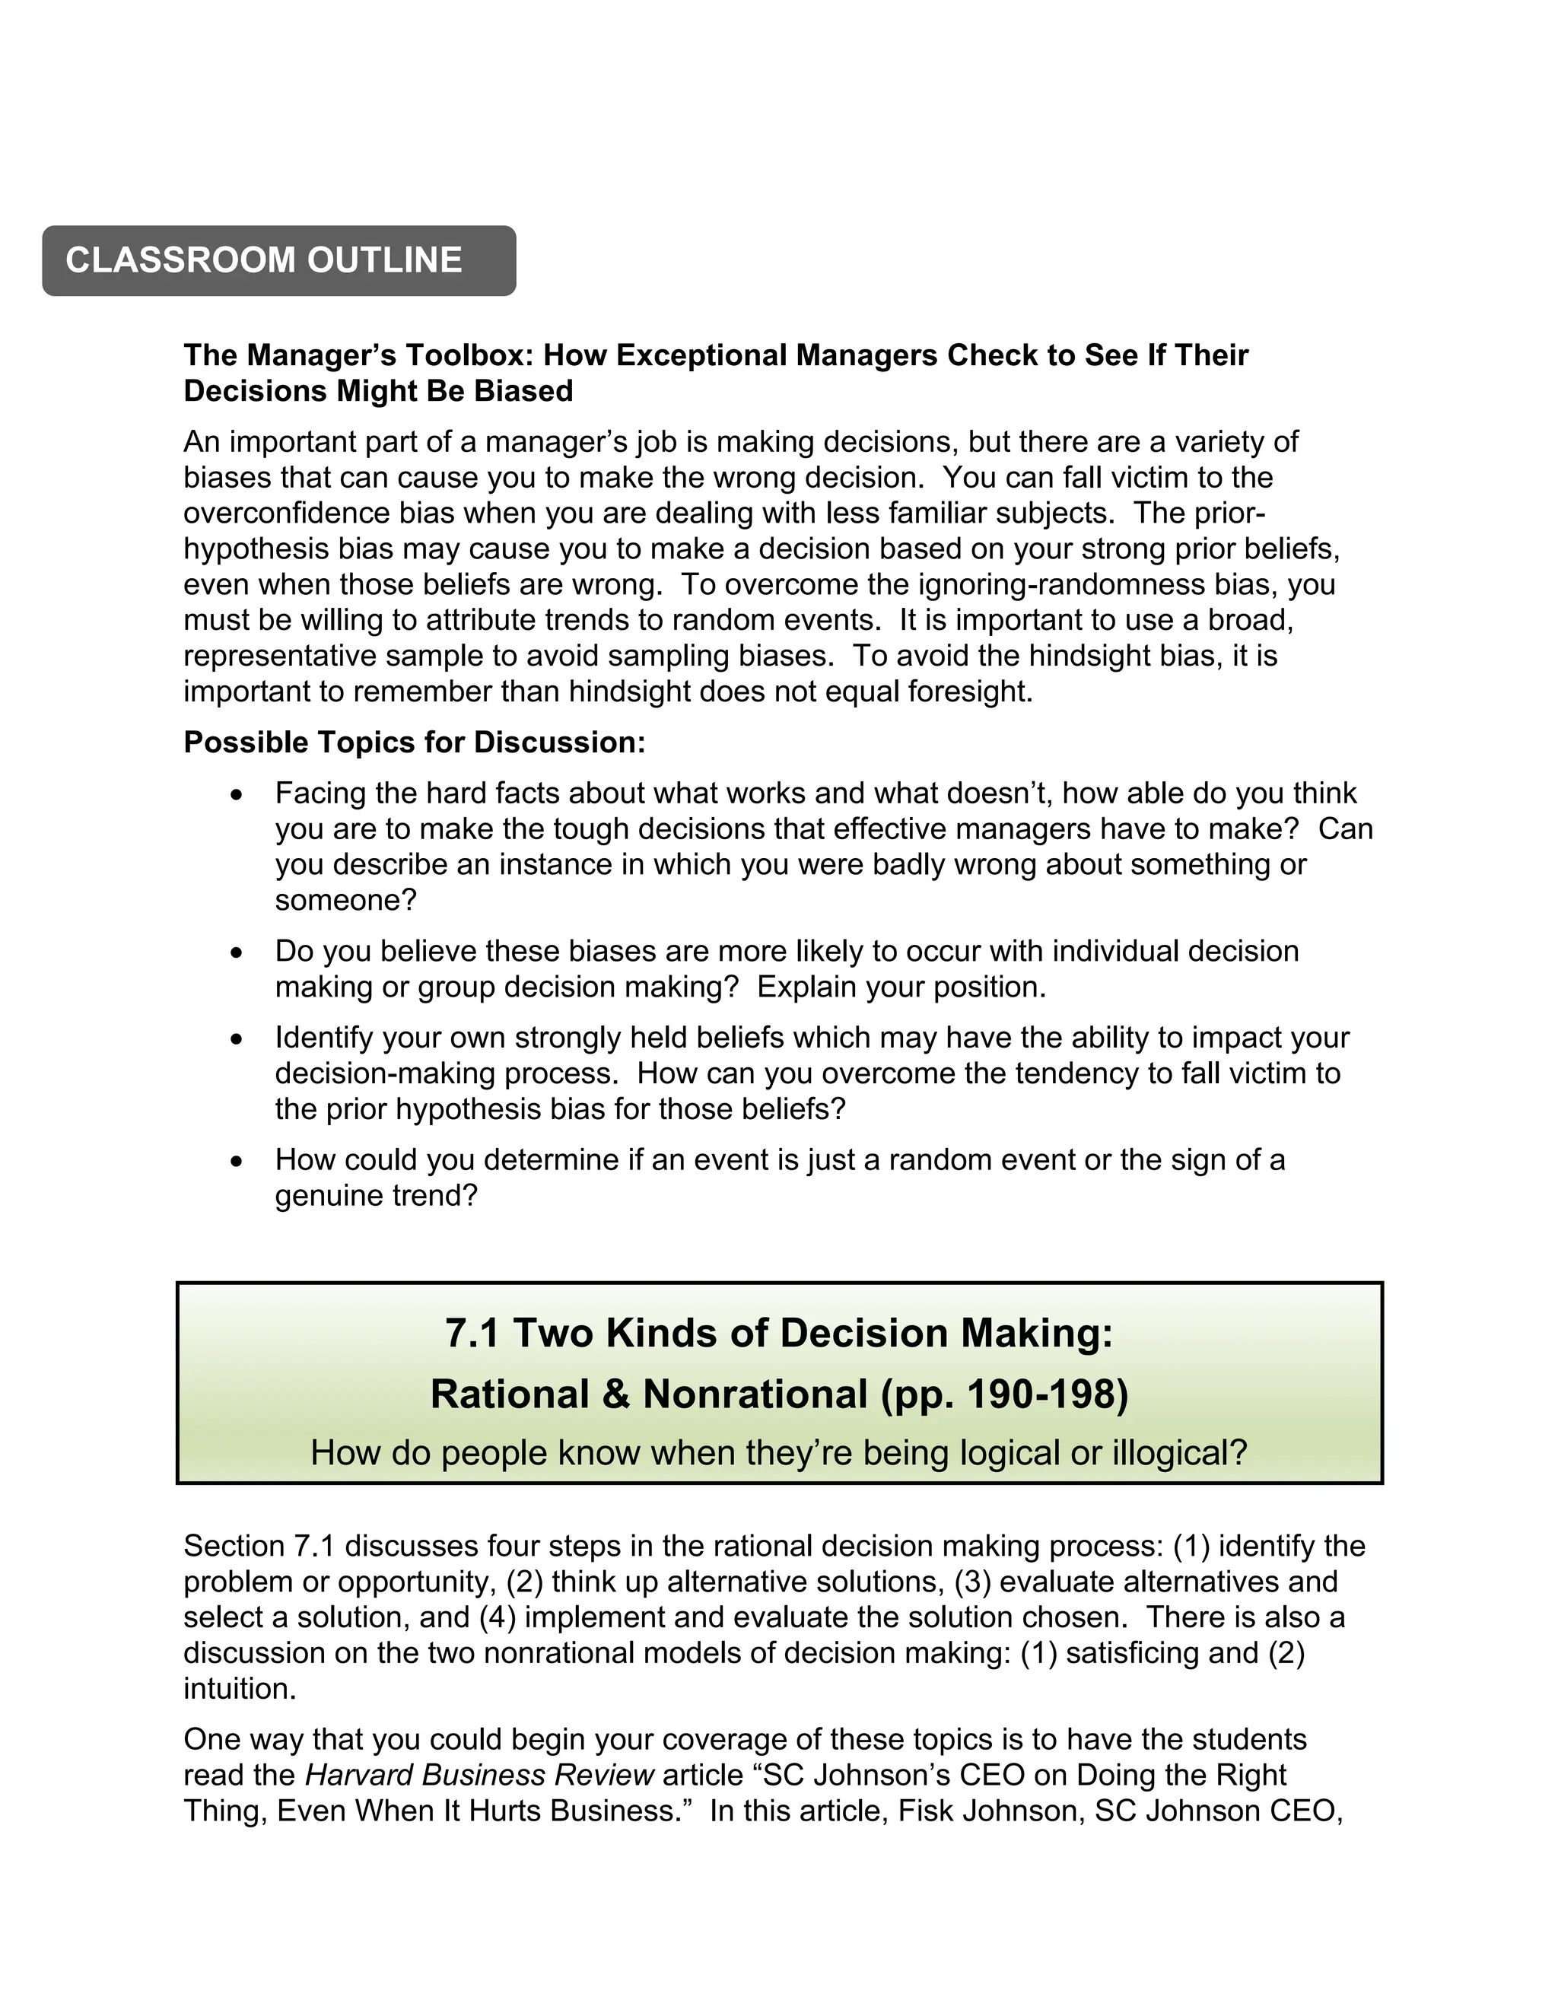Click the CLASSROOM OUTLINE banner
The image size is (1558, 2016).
[278, 260]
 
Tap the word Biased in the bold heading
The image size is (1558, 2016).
[523, 391]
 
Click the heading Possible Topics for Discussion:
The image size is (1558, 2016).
[415, 743]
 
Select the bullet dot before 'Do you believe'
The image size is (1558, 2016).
[237, 952]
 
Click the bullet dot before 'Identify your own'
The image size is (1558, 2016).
[237, 1039]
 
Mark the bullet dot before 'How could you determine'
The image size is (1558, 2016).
[237, 1161]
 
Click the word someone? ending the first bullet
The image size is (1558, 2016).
[346, 901]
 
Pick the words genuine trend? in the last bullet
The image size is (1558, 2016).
[377, 1197]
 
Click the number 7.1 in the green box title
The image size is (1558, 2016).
[472, 1334]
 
